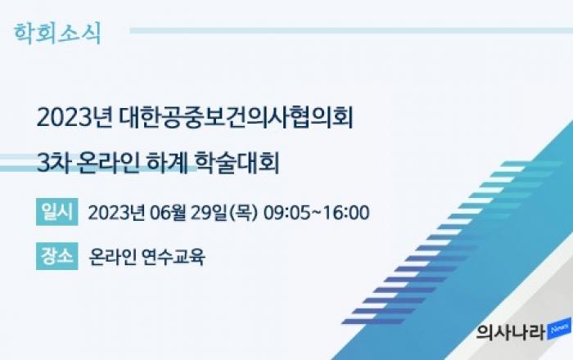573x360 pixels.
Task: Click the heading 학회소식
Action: click(x=57, y=34)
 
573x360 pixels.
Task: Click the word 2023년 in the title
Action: click(x=74, y=118)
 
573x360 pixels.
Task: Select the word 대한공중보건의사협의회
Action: click(x=236, y=118)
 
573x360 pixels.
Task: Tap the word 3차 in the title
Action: click(x=53, y=163)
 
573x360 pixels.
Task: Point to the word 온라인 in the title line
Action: click(x=108, y=163)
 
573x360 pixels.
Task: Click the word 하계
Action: click(x=167, y=163)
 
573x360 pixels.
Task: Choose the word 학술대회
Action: click(x=237, y=163)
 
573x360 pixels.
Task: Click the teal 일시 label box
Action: click(x=57, y=212)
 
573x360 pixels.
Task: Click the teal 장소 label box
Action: click(x=57, y=256)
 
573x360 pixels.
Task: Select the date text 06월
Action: click(x=169, y=213)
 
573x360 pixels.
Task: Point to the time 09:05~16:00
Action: click(x=317, y=213)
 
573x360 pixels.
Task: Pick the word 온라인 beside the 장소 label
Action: click(x=113, y=257)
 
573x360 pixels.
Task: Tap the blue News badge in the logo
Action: click(x=559, y=329)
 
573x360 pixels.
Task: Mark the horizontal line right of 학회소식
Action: click(x=351, y=30)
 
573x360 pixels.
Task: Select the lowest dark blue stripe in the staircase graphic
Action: click(x=373, y=322)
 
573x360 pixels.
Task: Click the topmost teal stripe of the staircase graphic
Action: click(x=532, y=164)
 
